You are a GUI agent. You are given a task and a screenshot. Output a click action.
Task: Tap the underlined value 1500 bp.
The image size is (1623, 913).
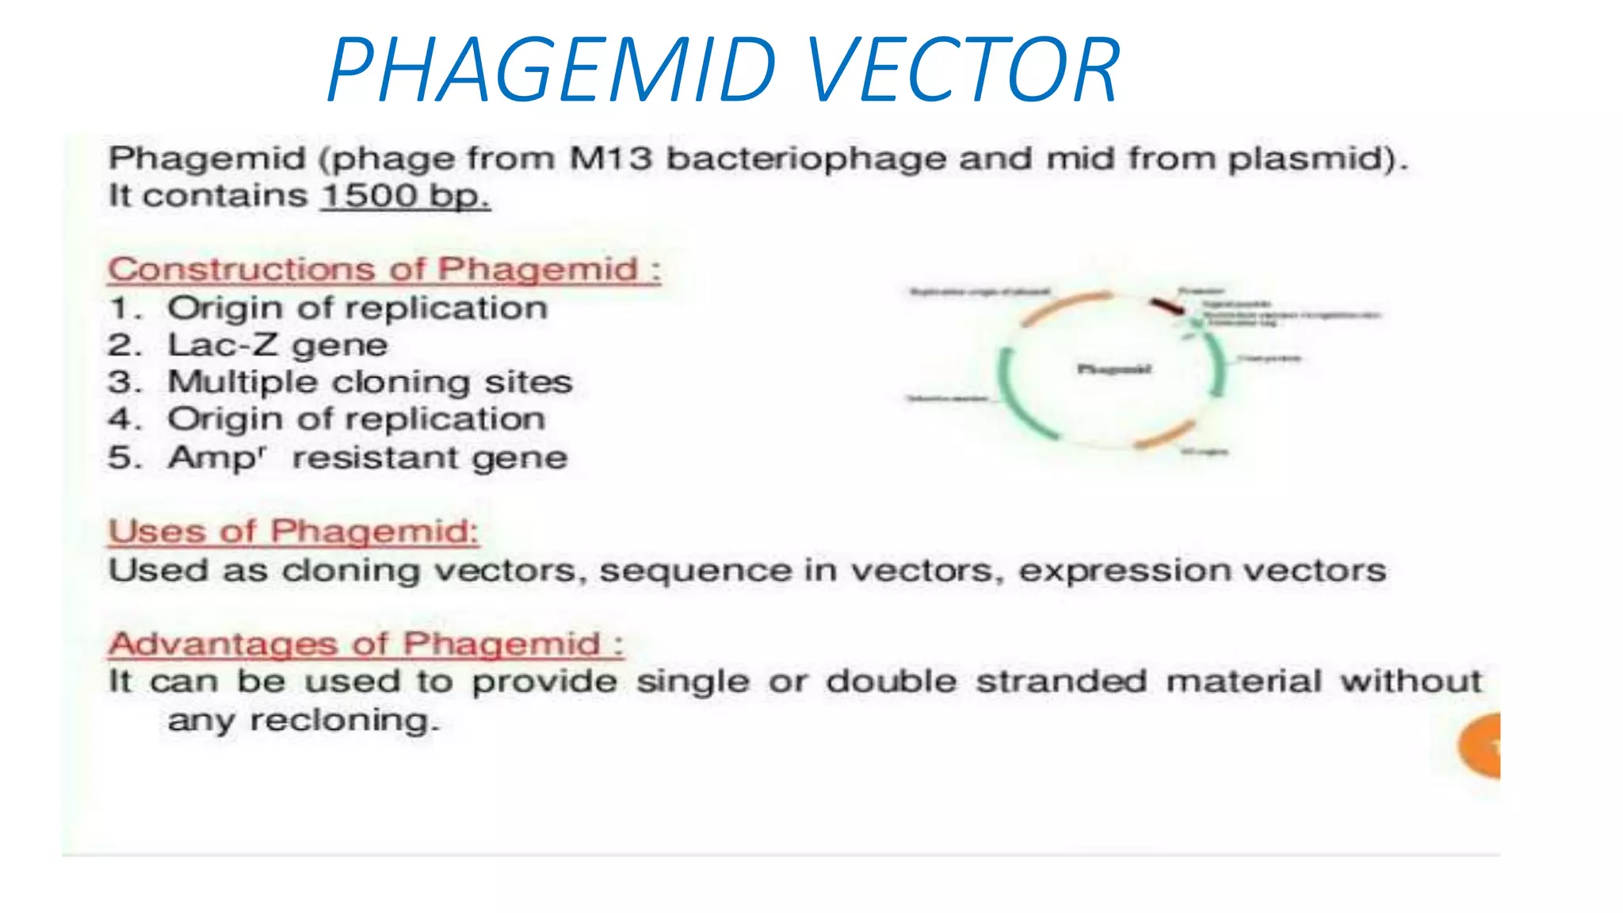pos(405,196)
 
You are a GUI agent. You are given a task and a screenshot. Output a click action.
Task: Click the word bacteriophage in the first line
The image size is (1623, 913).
pos(806,159)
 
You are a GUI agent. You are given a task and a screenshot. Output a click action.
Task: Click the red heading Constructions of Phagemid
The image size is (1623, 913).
pos(384,269)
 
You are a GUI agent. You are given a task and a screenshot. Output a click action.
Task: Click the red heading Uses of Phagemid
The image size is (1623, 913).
pos(293,531)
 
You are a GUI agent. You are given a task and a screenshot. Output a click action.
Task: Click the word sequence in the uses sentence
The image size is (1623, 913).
pos(695,571)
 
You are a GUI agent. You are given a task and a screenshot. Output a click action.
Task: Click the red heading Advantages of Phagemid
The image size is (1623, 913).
pos(365,644)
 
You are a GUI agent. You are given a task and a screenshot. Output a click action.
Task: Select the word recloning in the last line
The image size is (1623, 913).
pos(344,721)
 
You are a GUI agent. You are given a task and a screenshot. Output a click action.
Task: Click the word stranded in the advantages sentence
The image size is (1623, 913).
pos(1061,682)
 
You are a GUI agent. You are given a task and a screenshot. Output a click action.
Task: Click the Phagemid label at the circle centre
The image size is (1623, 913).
pos(1113,369)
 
